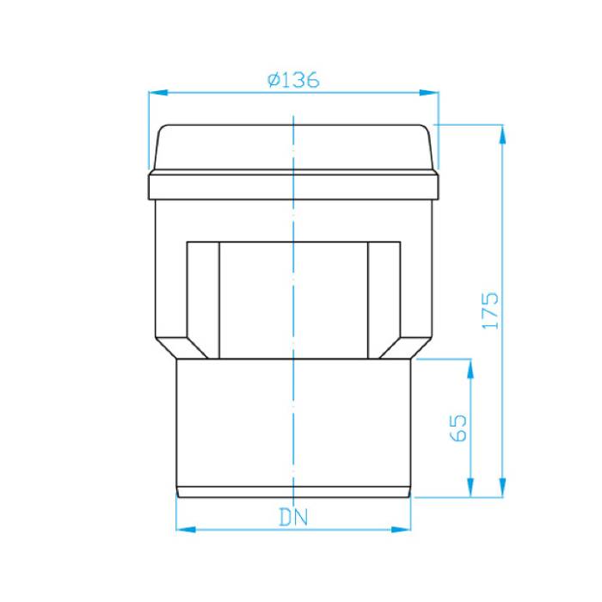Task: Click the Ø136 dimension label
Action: pyautogui.click(x=294, y=80)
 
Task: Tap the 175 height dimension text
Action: pyautogui.click(x=490, y=311)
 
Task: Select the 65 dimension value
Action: pyautogui.click(x=458, y=427)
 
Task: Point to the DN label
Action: pyautogui.click(x=294, y=517)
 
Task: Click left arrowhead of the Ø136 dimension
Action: pyautogui.click(x=158, y=93)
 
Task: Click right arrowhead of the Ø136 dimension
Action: pyautogui.click(x=429, y=93)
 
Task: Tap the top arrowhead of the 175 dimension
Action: pyautogui.click(x=502, y=134)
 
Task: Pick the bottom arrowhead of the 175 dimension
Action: pyautogui.click(x=502, y=488)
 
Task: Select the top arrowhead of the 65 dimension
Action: pyautogui.click(x=470, y=369)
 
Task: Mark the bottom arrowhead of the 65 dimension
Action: pyautogui.click(x=470, y=488)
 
